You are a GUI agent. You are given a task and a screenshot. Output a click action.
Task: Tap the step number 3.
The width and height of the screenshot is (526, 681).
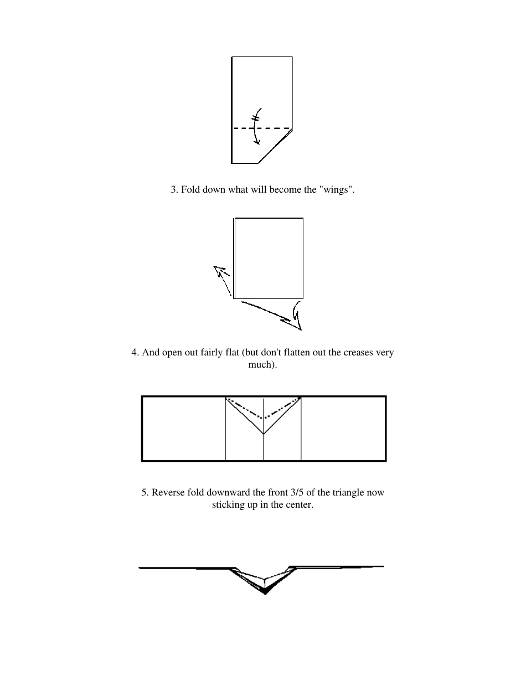pos(173,190)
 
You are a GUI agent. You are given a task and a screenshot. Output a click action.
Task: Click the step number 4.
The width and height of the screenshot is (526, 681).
pos(135,353)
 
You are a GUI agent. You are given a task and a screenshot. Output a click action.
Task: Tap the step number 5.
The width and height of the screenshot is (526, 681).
pos(144,492)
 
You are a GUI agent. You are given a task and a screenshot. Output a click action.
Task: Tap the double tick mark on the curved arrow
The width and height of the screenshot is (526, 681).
pos(256,117)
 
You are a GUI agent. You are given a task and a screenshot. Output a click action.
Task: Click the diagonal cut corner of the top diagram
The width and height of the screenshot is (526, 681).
pos(275,146)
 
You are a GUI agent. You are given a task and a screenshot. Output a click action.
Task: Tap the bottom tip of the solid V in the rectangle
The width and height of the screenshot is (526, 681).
pos(264,434)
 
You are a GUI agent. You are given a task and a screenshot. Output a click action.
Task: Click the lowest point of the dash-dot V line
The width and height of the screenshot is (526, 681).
pos(264,418)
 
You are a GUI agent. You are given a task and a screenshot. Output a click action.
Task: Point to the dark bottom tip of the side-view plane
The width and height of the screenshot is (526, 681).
pos(266,593)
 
